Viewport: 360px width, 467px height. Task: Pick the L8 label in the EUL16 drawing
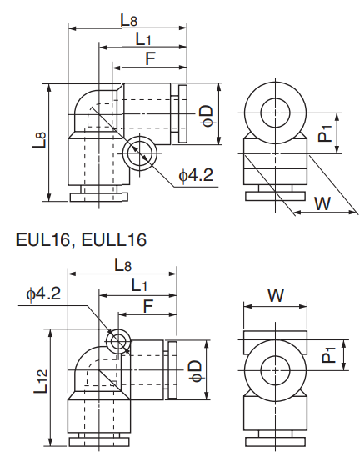point(122,265)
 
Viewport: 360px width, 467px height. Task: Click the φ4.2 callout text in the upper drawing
point(197,175)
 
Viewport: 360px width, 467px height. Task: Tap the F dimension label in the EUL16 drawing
point(147,306)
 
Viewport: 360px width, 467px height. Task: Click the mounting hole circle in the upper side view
point(139,153)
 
